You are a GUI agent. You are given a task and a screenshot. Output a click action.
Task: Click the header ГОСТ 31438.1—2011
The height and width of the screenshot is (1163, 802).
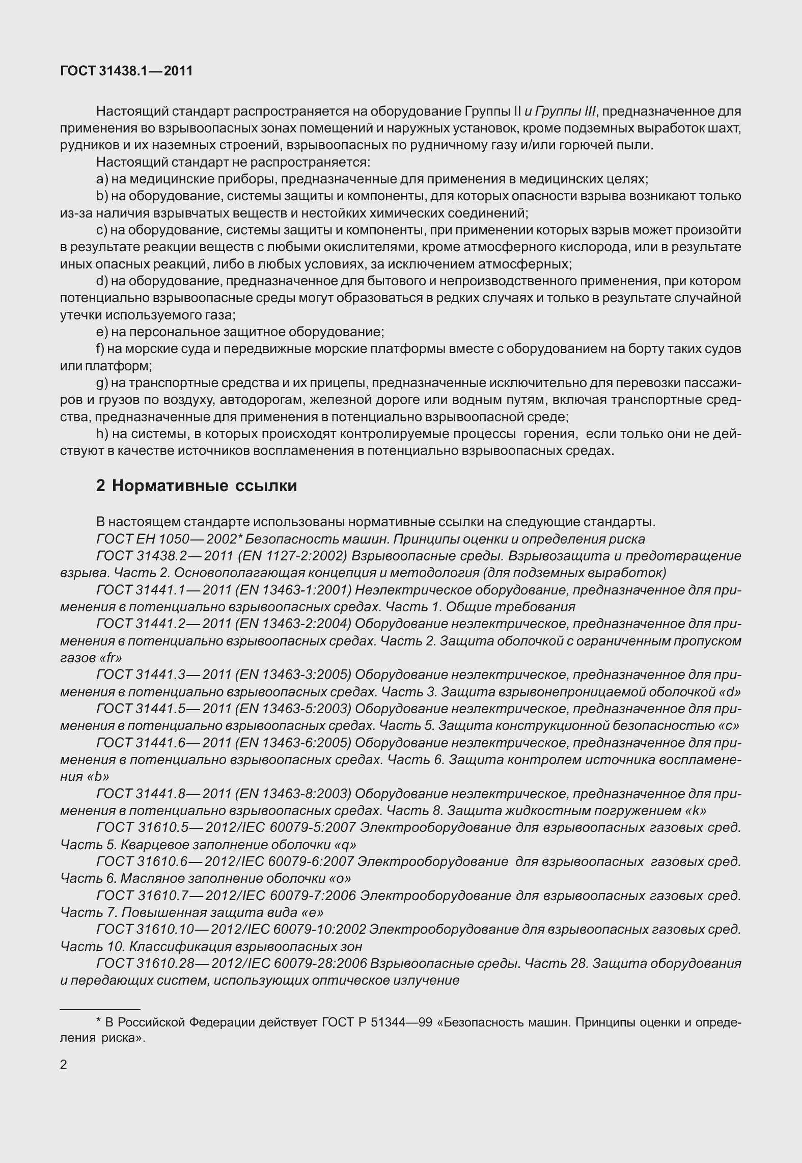tap(126, 71)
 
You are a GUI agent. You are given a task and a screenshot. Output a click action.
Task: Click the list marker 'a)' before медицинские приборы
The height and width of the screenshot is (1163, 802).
tap(102, 179)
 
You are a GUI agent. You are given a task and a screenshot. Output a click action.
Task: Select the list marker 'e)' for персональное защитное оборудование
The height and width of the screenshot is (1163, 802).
tap(102, 332)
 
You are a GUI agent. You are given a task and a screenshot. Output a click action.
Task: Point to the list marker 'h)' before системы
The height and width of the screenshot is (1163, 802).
tap(102, 434)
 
